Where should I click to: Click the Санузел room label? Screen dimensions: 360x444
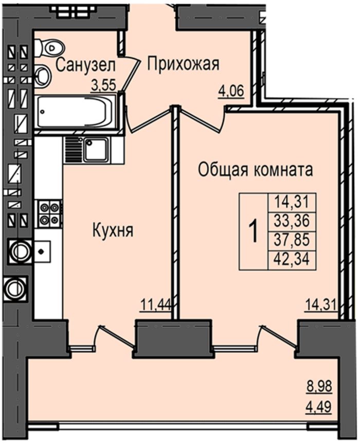pos(85,65)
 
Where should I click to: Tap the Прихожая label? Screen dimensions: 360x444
pos(184,64)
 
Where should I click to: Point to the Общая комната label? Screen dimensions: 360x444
pos(255,170)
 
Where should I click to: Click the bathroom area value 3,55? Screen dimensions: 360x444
pos(103,85)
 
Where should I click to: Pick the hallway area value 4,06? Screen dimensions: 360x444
pos(231,91)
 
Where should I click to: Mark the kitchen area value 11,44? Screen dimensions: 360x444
pos(155,305)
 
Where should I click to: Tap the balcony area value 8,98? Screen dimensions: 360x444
pos(319,386)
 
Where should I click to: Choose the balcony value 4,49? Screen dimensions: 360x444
pos(319,407)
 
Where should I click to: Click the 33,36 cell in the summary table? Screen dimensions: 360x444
pos(292,221)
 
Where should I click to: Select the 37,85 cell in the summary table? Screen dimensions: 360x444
pos(292,240)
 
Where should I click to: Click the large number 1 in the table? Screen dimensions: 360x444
pos(254,232)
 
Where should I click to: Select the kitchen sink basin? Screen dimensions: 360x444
pos(96,150)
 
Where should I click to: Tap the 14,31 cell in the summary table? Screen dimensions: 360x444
pos(292,202)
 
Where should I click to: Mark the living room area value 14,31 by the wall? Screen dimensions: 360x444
pos(322,305)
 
